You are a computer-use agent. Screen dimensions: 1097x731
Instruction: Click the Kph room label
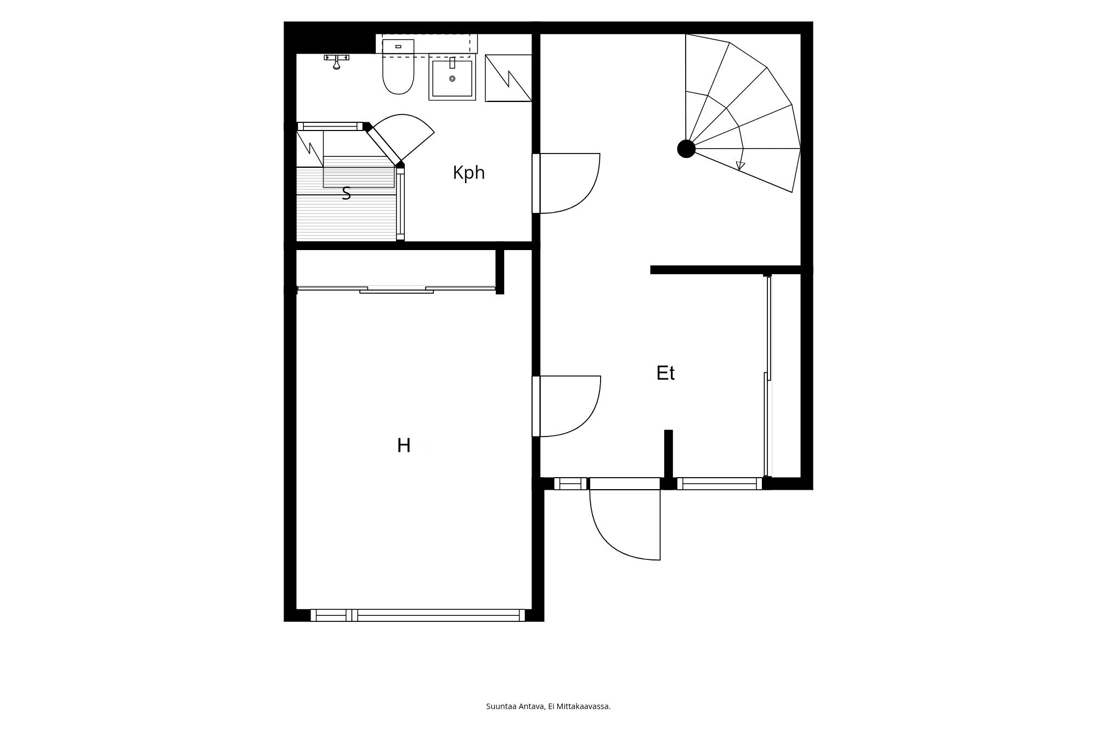(468, 173)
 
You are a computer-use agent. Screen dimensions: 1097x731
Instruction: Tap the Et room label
(665, 373)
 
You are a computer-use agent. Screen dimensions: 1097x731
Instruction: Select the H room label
(404, 445)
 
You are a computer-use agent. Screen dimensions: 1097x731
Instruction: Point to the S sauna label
(346, 193)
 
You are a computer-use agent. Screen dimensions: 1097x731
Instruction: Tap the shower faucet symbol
(337, 61)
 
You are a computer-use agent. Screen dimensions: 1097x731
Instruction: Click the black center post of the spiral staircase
(686, 149)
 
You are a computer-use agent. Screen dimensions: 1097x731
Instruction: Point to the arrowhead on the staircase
(740, 166)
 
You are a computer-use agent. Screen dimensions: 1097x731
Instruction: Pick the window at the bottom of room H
(418, 615)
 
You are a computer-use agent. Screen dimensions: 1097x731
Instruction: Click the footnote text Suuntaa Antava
(516, 706)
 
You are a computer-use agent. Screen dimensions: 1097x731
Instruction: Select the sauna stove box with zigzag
(310, 148)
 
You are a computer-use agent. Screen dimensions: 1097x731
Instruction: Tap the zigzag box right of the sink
(508, 78)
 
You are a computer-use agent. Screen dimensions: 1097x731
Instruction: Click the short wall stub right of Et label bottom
(669, 454)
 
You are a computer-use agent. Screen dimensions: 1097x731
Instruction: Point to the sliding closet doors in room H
(397, 289)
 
